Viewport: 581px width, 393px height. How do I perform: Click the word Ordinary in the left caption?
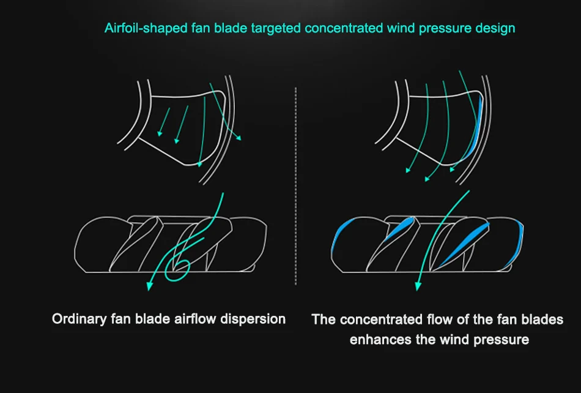[77, 319]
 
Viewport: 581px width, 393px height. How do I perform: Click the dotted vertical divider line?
[295, 184]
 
